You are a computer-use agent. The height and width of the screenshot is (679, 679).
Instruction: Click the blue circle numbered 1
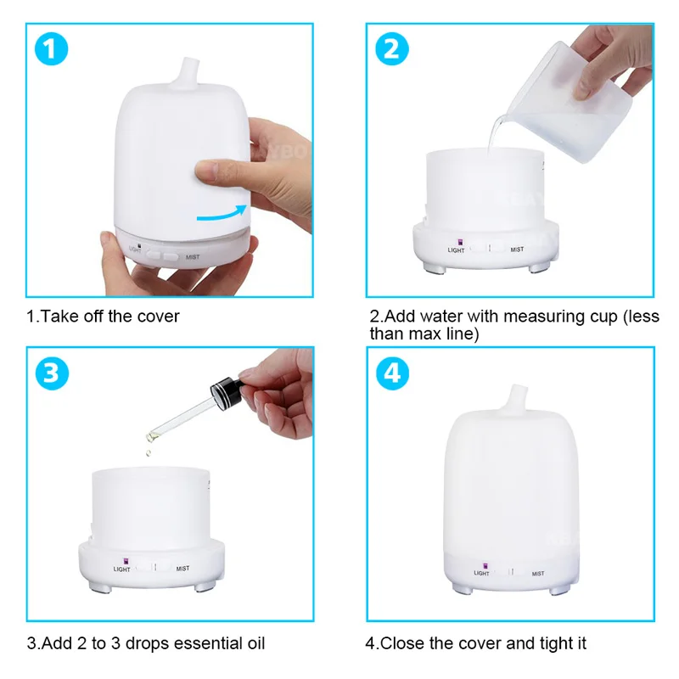[x=53, y=51]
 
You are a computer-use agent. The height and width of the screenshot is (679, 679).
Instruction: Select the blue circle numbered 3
[x=53, y=373]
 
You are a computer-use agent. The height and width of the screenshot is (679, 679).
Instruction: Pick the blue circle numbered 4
[x=391, y=373]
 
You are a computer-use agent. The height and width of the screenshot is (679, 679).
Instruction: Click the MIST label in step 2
[x=517, y=250]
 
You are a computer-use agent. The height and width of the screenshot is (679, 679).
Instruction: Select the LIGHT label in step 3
[x=121, y=570]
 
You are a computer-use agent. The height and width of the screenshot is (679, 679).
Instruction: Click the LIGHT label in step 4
[x=481, y=574]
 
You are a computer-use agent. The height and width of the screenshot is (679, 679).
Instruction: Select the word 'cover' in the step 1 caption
[x=158, y=317]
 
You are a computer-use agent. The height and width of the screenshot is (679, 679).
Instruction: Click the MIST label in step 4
[x=538, y=574]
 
